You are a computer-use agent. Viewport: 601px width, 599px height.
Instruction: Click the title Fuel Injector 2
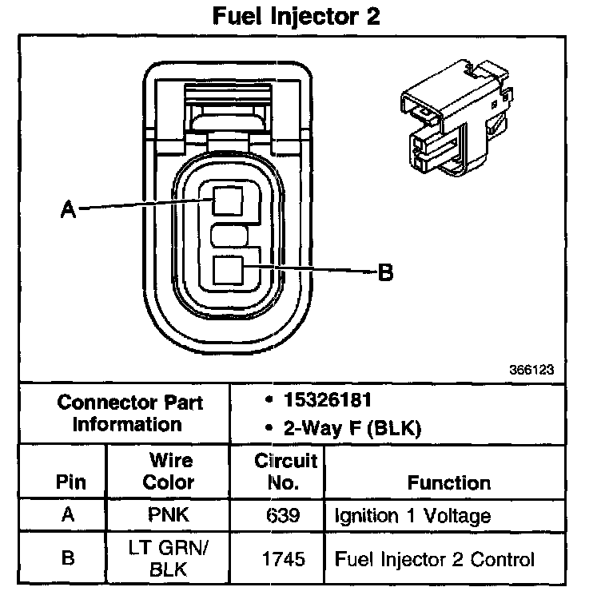[x=295, y=18]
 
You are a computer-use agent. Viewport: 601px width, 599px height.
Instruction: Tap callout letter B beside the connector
[x=385, y=273]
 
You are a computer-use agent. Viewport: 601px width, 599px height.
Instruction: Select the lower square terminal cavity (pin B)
[x=228, y=272]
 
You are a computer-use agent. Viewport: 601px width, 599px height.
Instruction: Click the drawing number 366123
[x=531, y=371]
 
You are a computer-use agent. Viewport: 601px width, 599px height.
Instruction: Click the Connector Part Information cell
[x=129, y=413]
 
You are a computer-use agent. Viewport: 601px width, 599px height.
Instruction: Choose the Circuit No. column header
[x=285, y=471]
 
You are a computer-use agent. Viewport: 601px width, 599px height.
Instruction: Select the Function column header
[x=449, y=482]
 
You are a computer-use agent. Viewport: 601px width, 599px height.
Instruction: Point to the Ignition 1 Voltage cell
[x=412, y=516]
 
